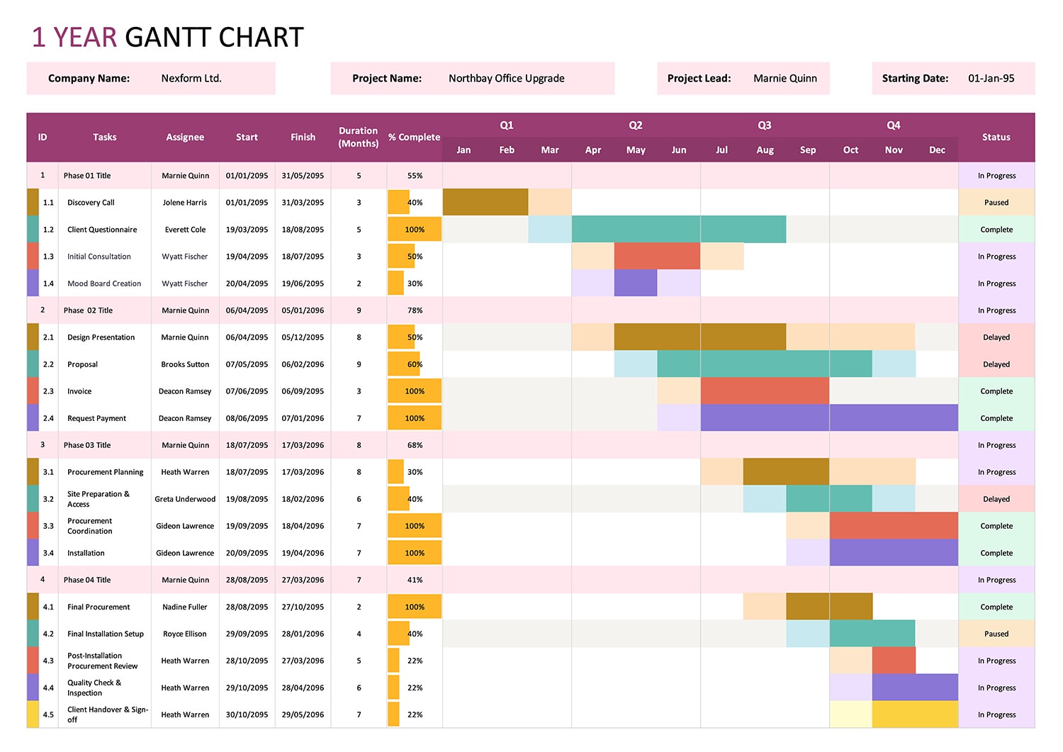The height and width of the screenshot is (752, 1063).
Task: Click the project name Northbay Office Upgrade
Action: pyautogui.click(x=506, y=79)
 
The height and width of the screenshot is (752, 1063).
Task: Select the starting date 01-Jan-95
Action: pyautogui.click(x=991, y=79)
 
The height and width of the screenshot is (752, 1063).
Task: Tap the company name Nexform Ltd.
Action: pyautogui.click(x=191, y=79)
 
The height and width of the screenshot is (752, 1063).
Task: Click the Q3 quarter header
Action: pyautogui.click(x=764, y=125)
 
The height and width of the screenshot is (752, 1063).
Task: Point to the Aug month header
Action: pyautogui.click(x=765, y=150)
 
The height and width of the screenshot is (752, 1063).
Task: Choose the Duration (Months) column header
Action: pyautogui.click(x=358, y=138)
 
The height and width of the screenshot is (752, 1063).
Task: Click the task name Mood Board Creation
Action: pyautogui.click(x=104, y=284)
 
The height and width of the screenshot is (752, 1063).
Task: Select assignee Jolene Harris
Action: pyautogui.click(x=185, y=203)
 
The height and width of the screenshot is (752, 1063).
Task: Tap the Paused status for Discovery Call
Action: pyautogui.click(x=996, y=203)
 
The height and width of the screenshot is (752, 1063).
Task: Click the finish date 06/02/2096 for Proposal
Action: pyautogui.click(x=303, y=364)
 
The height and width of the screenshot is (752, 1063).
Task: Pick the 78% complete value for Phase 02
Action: pyautogui.click(x=415, y=310)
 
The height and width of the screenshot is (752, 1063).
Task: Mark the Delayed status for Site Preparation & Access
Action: pyautogui.click(x=996, y=499)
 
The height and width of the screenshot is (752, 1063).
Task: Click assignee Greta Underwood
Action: pyautogui.click(x=185, y=499)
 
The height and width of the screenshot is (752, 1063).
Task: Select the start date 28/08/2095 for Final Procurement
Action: pyautogui.click(x=247, y=607)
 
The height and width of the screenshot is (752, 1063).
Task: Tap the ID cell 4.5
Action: pyautogui.click(x=48, y=714)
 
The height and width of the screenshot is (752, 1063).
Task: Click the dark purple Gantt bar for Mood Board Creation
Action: pyautogui.click(x=636, y=284)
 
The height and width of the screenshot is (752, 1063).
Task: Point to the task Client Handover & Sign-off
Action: pyautogui.click(x=107, y=714)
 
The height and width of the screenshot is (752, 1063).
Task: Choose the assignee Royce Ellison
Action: pyautogui.click(x=185, y=634)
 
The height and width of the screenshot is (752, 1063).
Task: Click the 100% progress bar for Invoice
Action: pyautogui.click(x=415, y=391)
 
